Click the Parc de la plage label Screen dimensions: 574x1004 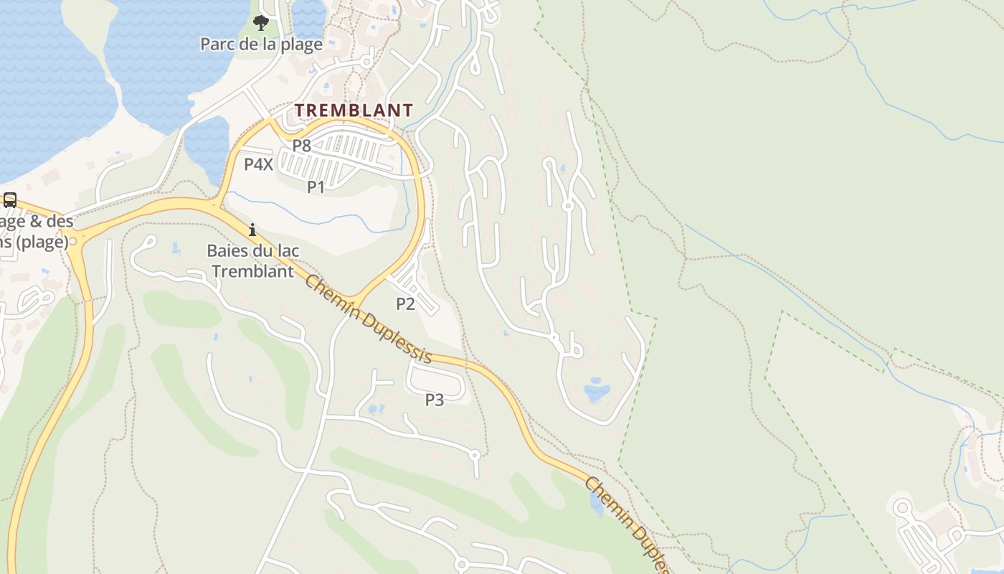261,44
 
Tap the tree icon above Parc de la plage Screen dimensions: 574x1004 261,23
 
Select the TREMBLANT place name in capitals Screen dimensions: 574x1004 354,110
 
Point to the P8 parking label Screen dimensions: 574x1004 301,146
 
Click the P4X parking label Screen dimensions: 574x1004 258,164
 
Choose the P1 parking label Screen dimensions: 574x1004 316,187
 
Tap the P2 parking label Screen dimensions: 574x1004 405,304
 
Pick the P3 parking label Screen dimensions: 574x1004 435,400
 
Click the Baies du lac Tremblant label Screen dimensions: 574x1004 253,261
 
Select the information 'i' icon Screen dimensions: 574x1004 252,230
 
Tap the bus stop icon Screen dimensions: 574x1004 10,200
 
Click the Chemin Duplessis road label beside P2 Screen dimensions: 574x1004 368,318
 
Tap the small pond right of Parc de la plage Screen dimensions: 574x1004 309,18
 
